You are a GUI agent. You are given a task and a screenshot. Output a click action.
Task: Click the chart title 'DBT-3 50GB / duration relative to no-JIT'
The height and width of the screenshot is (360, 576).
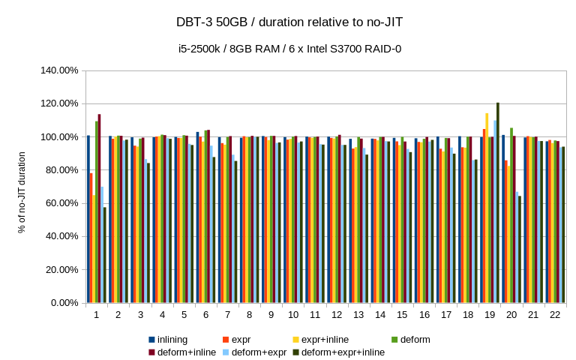click(x=287, y=22)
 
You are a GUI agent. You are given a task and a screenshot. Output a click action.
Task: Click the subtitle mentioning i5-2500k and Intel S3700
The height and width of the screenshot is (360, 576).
click(x=287, y=49)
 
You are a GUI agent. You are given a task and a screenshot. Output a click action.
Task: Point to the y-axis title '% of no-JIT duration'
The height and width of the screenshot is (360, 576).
click(x=22, y=192)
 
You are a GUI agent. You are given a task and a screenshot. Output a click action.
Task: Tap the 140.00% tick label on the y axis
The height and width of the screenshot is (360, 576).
click(x=58, y=70)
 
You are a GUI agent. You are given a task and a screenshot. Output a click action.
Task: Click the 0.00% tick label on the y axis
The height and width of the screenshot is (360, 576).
click(x=63, y=302)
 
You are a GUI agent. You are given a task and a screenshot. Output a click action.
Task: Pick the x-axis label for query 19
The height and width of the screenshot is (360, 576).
click(x=489, y=316)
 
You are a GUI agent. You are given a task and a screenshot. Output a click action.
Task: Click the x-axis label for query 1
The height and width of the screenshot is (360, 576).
click(x=97, y=316)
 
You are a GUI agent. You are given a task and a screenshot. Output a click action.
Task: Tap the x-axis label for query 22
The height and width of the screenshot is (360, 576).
click(x=554, y=316)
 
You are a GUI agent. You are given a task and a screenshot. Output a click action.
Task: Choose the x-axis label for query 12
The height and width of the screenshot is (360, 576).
click(x=337, y=316)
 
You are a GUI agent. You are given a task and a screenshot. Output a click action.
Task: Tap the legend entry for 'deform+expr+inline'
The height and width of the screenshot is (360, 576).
click(x=342, y=352)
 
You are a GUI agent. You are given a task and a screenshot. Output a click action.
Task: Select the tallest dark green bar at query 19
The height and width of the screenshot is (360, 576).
click(x=498, y=202)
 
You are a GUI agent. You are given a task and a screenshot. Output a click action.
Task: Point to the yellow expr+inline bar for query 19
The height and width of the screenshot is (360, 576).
click(x=487, y=208)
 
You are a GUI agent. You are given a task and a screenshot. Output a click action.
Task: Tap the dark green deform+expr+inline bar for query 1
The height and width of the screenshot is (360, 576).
click(x=105, y=255)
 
